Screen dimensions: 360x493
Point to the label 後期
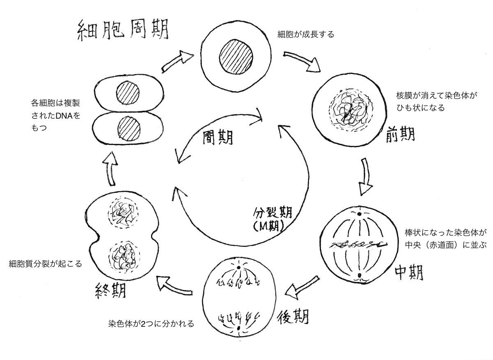tap(293, 316)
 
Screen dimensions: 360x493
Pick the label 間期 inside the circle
tap(217, 138)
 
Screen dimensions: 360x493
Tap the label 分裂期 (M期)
tap(272, 219)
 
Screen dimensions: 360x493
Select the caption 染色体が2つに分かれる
tap(151, 323)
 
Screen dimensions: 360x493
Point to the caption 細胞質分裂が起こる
tap(45, 264)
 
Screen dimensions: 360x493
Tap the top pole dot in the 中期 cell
tap(359, 214)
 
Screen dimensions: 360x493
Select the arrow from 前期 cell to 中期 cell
tap(365, 176)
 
